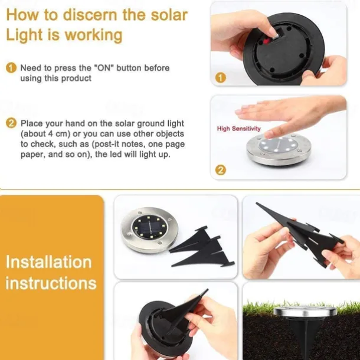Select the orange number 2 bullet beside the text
pyautogui.click(x=11, y=123)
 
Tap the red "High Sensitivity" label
pyautogui.click(x=238, y=128)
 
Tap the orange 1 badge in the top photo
pyautogui.click(x=220, y=77)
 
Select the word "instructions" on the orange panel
pyautogui.click(x=51, y=283)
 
